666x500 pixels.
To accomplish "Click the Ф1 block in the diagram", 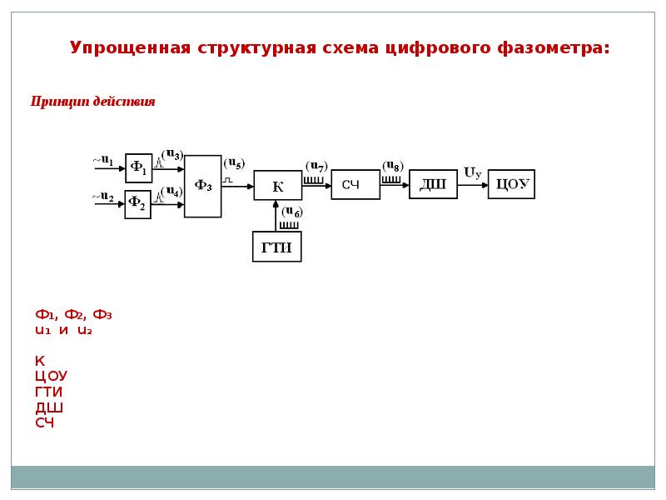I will (138, 168).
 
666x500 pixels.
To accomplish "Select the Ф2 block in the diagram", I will (138, 203).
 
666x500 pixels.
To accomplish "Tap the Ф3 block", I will (202, 186).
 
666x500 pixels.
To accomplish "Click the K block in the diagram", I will (278, 186).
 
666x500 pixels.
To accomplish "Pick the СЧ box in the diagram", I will (355, 184).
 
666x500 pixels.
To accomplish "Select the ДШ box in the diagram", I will (433, 184).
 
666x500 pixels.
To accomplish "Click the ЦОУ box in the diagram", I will (511, 184).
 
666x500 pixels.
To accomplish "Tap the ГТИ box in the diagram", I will (276, 247).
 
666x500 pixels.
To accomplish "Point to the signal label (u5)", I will (234, 163).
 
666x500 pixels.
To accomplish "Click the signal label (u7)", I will (316, 166).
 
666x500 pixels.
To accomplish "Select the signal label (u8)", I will (393, 166).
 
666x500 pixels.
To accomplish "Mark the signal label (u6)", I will (291, 212).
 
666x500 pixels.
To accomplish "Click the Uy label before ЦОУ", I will (472, 173).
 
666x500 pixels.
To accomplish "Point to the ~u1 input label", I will (102, 161).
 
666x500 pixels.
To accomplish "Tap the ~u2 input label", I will (102, 197).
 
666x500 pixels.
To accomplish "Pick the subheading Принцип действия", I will (92, 102).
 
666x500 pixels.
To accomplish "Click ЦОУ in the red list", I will (51, 376).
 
